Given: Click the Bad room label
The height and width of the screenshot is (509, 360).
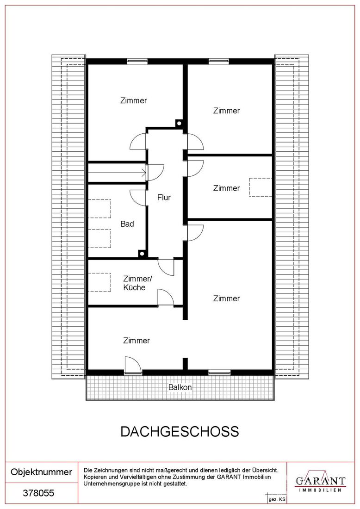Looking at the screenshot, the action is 127,223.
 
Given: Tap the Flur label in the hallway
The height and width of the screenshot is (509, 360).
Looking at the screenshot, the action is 164,198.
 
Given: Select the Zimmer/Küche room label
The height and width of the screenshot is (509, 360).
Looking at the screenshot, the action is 137,283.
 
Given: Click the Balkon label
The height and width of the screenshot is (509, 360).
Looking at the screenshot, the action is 180,387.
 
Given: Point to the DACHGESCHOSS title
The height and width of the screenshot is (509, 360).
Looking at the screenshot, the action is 180,431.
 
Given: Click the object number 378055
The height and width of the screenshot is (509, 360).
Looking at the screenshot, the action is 38,493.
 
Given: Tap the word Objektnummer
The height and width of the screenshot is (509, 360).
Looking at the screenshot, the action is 41,472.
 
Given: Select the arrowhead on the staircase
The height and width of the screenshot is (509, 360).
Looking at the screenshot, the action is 144,173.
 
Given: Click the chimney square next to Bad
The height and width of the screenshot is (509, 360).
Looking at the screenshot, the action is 141,254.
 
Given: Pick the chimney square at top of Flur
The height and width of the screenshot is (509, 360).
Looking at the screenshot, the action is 179,124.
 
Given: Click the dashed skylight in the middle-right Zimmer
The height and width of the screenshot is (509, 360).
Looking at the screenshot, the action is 261,187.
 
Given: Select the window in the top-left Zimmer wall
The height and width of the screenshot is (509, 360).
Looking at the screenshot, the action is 137,61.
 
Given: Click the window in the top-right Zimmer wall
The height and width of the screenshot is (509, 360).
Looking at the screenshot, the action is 219,61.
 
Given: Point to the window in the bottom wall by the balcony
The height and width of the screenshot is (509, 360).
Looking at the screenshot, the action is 219,372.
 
